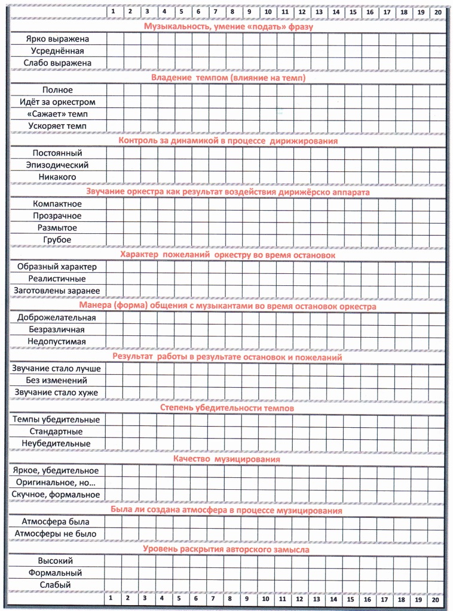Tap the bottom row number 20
436,598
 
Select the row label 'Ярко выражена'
57,39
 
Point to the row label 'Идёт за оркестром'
57,102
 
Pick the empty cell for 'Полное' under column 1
114,90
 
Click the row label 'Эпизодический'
57,165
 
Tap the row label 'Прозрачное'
57,216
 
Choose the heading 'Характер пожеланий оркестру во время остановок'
228,255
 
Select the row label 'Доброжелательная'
57,317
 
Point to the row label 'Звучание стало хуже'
57,393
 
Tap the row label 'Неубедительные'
57,443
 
